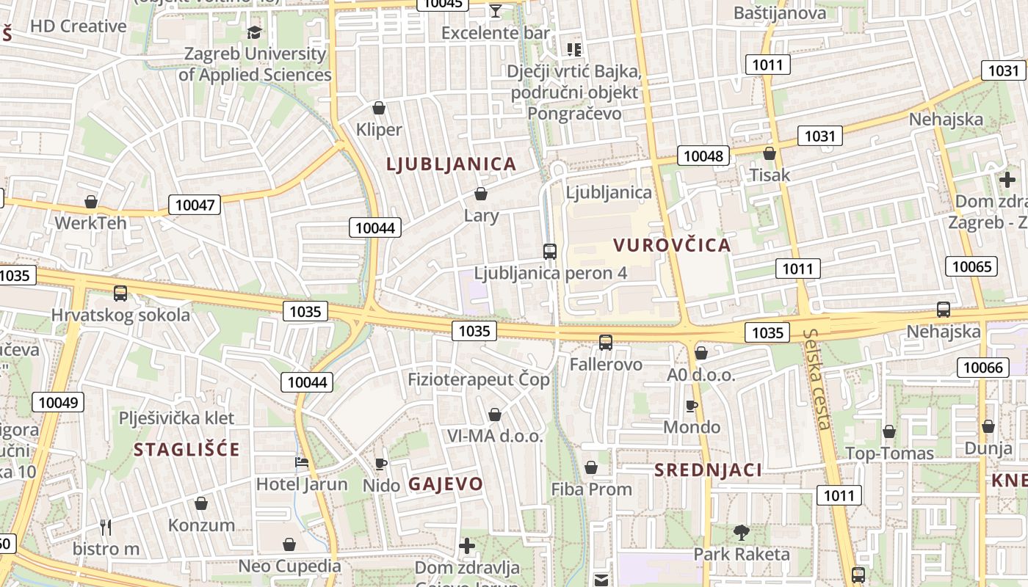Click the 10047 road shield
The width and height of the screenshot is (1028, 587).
click(195, 205)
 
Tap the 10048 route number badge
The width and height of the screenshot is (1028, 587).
click(703, 156)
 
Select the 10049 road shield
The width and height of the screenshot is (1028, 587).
click(58, 402)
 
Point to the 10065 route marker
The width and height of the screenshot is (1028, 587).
click(971, 266)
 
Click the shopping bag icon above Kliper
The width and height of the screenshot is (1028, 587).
click(379, 109)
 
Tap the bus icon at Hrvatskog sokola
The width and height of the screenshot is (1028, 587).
click(120, 293)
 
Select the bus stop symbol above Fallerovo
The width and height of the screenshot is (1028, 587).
click(606, 342)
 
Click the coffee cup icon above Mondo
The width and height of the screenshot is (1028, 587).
click(691, 406)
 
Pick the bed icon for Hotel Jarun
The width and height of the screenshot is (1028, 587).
click(302, 462)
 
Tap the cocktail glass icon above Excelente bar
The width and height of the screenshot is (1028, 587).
click(496, 10)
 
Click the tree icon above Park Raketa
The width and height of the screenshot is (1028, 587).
click(742, 532)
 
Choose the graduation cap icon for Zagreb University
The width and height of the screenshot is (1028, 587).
click(255, 32)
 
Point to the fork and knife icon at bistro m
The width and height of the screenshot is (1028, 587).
click(106, 527)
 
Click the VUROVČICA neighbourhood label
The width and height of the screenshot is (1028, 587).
click(673, 245)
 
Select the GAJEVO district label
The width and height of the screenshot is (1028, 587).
click(446, 484)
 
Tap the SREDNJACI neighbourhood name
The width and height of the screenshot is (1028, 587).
click(708, 470)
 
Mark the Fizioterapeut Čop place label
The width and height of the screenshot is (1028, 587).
click(479, 379)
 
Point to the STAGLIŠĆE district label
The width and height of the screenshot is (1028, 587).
click(187, 450)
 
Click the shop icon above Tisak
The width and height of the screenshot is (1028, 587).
click(770, 153)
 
